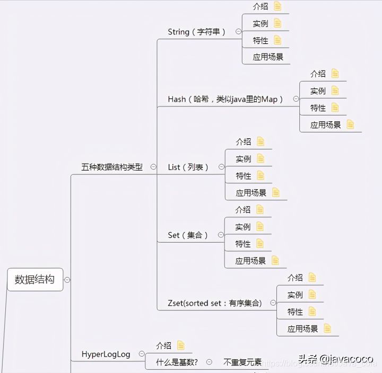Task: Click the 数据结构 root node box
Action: [x=35, y=279]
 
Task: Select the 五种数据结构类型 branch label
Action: [x=112, y=167]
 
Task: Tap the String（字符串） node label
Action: [x=197, y=32]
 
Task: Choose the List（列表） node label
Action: [x=188, y=167]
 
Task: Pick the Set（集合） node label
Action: [x=188, y=235]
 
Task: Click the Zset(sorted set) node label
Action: [x=215, y=303]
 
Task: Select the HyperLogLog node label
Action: [x=106, y=354]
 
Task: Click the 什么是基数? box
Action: [x=177, y=362]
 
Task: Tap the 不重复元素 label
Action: [x=242, y=362]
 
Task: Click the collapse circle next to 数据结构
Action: [x=67, y=280]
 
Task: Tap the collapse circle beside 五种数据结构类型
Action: [x=153, y=166]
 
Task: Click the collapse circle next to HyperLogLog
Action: [x=142, y=354]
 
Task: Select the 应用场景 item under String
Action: [x=268, y=57]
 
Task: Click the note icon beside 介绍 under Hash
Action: [x=335, y=74]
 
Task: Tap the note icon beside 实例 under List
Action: [x=260, y=158]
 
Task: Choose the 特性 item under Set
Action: [x=243, y=244]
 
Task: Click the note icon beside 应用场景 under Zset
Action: [x=327, y=328]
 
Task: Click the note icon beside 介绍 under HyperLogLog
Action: [x=181, y=345]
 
